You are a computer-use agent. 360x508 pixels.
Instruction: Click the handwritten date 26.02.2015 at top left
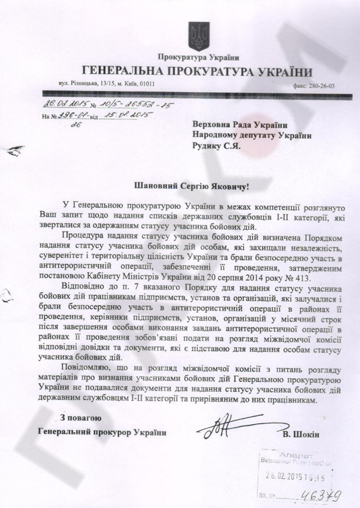pyautogui.click(x=62, y=105)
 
